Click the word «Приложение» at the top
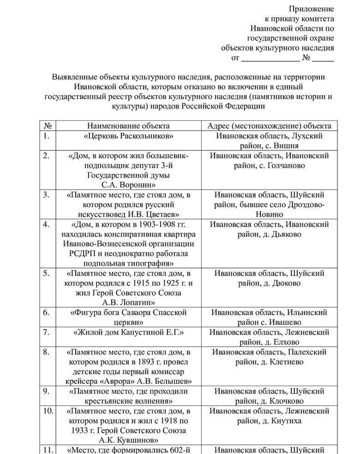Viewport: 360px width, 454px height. click(311, 9)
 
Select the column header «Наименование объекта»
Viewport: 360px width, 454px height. click(128, 126)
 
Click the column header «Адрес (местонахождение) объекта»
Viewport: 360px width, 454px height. click(270, 126)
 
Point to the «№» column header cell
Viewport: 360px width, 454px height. click(47, 126)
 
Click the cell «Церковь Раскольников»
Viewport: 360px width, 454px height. click(128, 136)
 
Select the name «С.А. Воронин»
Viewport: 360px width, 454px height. click(128, 185)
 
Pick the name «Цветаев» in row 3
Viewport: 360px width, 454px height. click(158, 215)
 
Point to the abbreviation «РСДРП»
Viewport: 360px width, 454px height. click(82, 254)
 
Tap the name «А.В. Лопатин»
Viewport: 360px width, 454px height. click(128, 303)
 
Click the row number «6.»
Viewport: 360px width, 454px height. click(46, 313)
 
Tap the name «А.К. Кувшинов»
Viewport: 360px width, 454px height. click(128, 440)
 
